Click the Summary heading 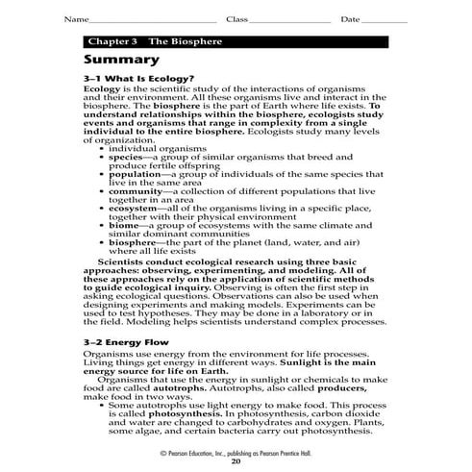tap(124, 60)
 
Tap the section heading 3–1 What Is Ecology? tap(139, 78)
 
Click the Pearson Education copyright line tap(236, 452)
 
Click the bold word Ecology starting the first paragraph tap(103, 90)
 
